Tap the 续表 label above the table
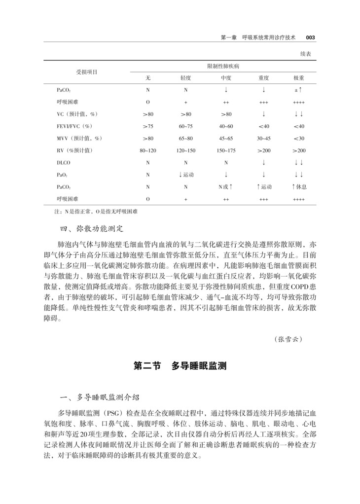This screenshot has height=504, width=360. tap(308, 53)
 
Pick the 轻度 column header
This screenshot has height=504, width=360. tap(186, 78)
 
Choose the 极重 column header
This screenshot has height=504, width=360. tap(298, 78)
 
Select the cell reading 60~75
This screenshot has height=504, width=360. tap(186, 126)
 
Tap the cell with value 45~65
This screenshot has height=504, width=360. tap(225, 138)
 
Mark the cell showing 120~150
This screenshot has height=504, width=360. tap(186, 150)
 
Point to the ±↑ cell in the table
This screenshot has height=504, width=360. tap(298, 90)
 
